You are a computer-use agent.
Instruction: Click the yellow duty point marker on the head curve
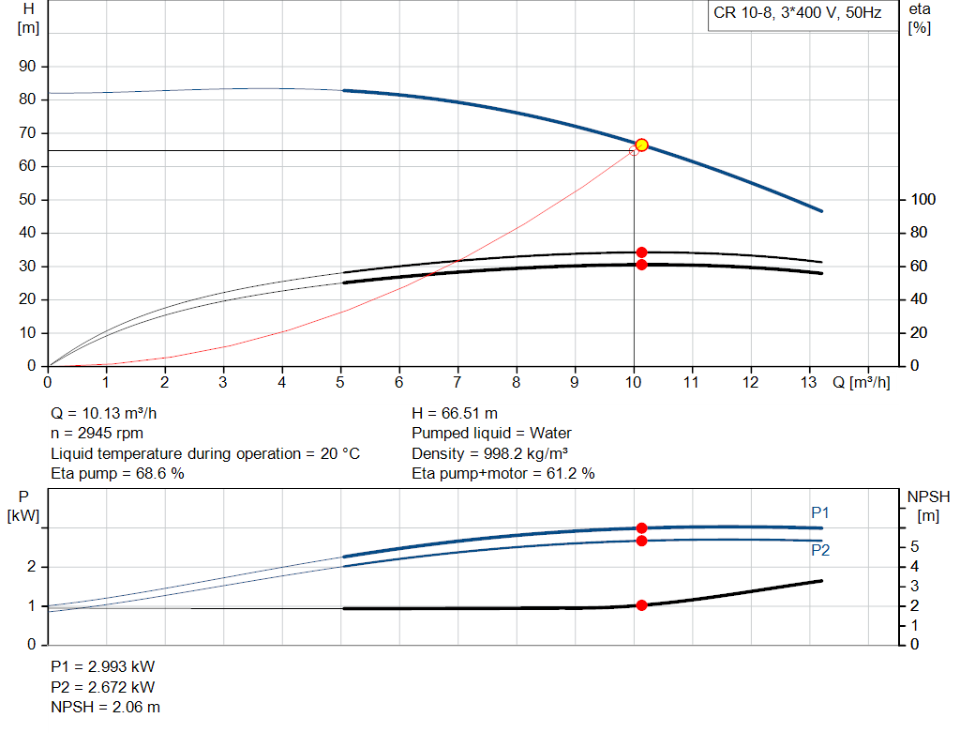pyautogui.click(x=641, y=145)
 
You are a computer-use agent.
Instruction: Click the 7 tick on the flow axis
pyautogui.click(x=457, y=382)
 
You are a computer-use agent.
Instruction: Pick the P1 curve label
pyautogui.click(x=820, y=512)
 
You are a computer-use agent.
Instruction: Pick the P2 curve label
pyautogui.click(x=820, y=550)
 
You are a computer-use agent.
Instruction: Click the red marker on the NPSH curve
pyautogui.click(x=641, y=605)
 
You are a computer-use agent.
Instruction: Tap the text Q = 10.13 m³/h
pyautogui.click(x=111, y=413)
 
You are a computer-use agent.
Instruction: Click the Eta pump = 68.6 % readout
pyautogui.click(x=117, y=474)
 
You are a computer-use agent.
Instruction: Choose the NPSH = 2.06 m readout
pyautogui.click(x=105, y=707)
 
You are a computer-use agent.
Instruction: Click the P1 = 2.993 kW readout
pyautogui.click(x=103, y=666)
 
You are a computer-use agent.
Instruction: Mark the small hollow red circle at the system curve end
pyautogui.click(x=634, y=151)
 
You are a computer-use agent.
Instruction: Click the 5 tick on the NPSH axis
pyautogui.click(x=914, y=547)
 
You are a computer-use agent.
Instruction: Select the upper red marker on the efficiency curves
pyautogui.click(x=641, y=252)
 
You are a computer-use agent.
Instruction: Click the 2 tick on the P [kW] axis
pyautogui.click(x=32, y=567)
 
